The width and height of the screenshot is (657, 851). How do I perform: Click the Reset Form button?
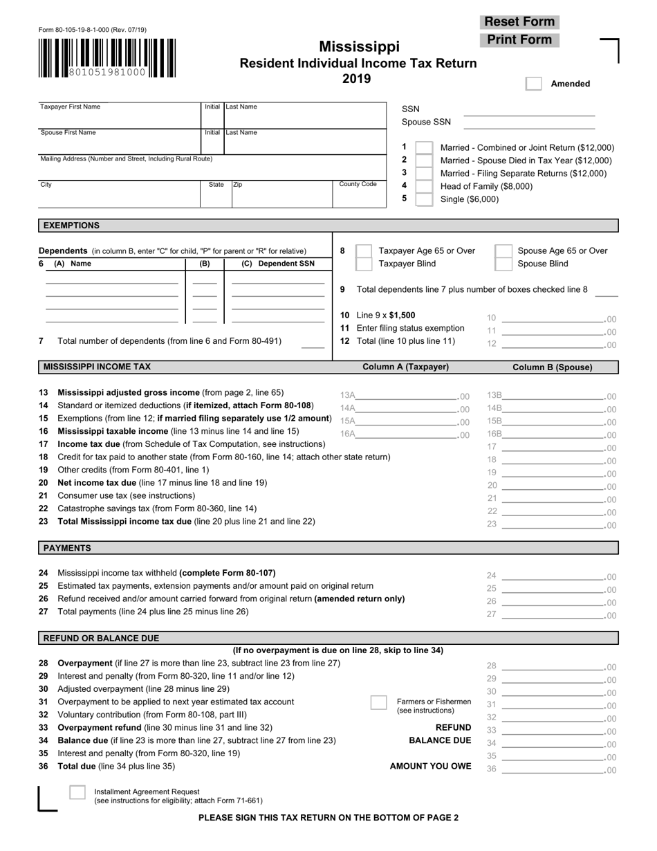(519, 21)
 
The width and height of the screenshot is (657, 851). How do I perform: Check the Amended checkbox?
(533, 84)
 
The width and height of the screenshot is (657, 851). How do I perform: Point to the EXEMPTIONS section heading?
(72, 226)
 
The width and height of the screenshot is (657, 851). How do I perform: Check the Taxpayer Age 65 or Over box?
(363, 250)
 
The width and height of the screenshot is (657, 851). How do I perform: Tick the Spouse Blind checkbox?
(504, 264)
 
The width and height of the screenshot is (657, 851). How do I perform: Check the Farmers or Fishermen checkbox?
(379, 702)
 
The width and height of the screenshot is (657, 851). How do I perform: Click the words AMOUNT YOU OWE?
(430, 767)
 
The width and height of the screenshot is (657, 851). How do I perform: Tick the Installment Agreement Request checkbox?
(77, 793)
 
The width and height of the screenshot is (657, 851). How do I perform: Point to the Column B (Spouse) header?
(552, 367)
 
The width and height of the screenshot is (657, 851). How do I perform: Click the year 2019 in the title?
(357, 79)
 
